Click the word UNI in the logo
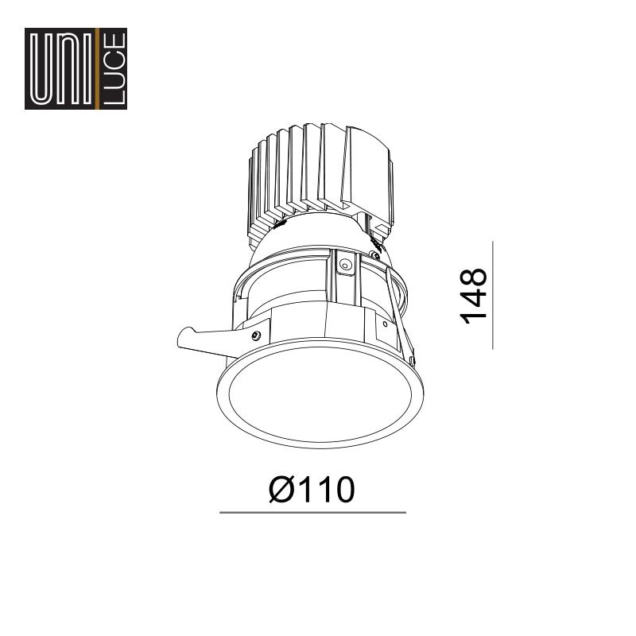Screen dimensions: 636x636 61,68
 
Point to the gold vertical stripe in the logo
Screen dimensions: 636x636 96,68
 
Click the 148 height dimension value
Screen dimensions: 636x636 473,296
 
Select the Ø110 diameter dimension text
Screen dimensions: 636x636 312,490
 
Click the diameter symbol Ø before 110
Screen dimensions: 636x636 281,490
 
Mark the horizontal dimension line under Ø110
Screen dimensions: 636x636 312,513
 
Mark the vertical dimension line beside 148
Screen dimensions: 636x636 493,295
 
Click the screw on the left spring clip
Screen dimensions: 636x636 255,335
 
